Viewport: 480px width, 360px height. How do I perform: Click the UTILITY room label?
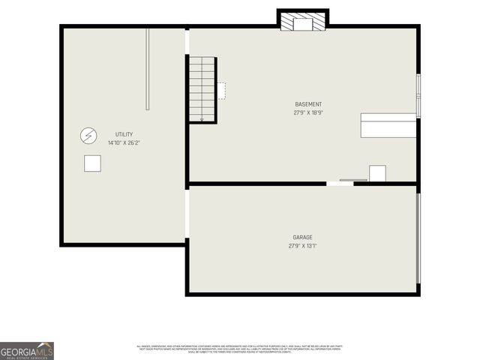tap(124, 134)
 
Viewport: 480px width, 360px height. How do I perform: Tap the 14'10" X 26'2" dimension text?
tap(124, 142)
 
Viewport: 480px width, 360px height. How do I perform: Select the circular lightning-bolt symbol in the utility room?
tap(88, 136)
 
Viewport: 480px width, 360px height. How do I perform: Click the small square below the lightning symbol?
tap(92, 163)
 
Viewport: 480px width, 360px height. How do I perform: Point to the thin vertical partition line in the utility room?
tap(148, 68)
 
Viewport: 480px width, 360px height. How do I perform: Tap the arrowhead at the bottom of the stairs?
tap(202, 118)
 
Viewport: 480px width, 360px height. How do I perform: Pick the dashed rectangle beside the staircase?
tap(221, 91)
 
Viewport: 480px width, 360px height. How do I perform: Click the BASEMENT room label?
tap(308, 104)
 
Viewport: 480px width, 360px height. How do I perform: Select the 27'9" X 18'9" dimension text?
tap(308, 112)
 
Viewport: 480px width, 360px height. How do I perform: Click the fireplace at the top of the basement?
tap(303, 22)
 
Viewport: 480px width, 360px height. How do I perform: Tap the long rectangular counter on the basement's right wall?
tap(388, 125)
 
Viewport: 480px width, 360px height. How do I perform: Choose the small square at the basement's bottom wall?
tap(377, 173)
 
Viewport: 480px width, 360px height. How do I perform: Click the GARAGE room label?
tap(302, 238)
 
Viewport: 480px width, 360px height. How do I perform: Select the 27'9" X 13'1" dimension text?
tap(302, 246)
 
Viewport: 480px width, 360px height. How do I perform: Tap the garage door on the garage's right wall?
tap(418, 238)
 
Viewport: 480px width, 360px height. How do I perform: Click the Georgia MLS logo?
tap(27, 351)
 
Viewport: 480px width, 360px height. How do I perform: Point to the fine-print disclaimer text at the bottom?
tap(240, 348)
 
